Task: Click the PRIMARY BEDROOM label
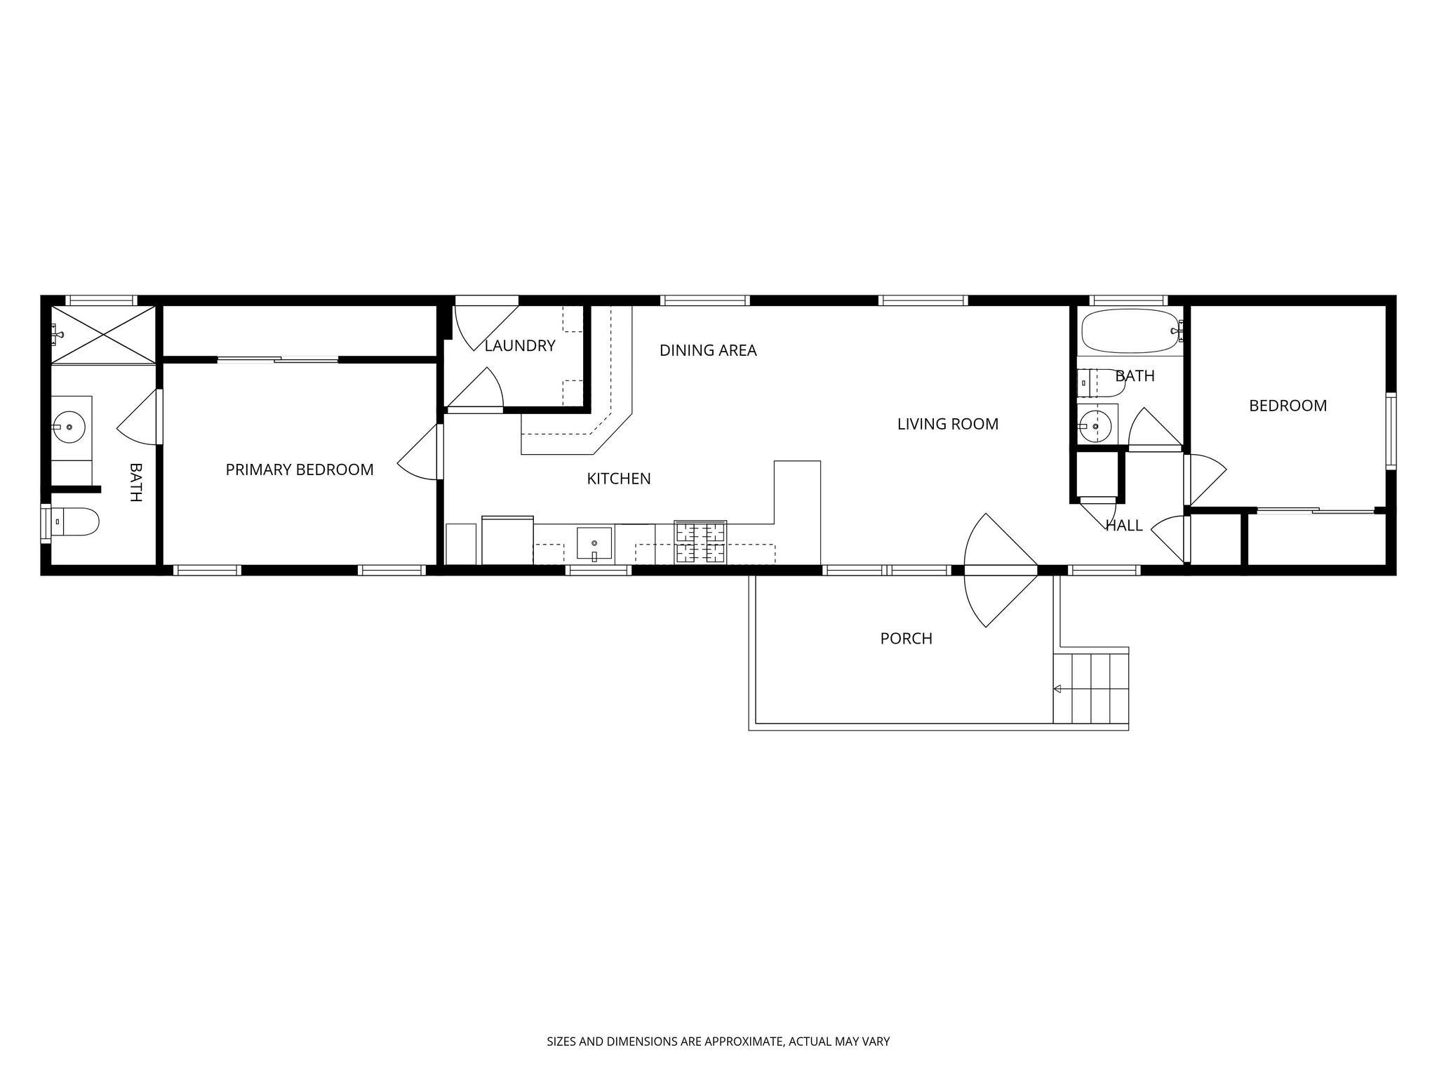300,470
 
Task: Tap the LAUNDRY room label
520,345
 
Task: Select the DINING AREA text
708,350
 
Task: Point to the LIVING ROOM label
947,424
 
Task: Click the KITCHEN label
619,479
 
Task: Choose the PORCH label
906,639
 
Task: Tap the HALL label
1124,525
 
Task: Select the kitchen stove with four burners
700,542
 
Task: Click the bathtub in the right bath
1130,331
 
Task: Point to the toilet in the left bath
73,522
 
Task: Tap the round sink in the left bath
69,427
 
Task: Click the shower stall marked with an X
103,334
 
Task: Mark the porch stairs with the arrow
1091,688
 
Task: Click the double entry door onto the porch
1001,570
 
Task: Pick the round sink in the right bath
1095,425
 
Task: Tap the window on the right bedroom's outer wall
1390,431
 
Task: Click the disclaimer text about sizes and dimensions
718,1042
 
